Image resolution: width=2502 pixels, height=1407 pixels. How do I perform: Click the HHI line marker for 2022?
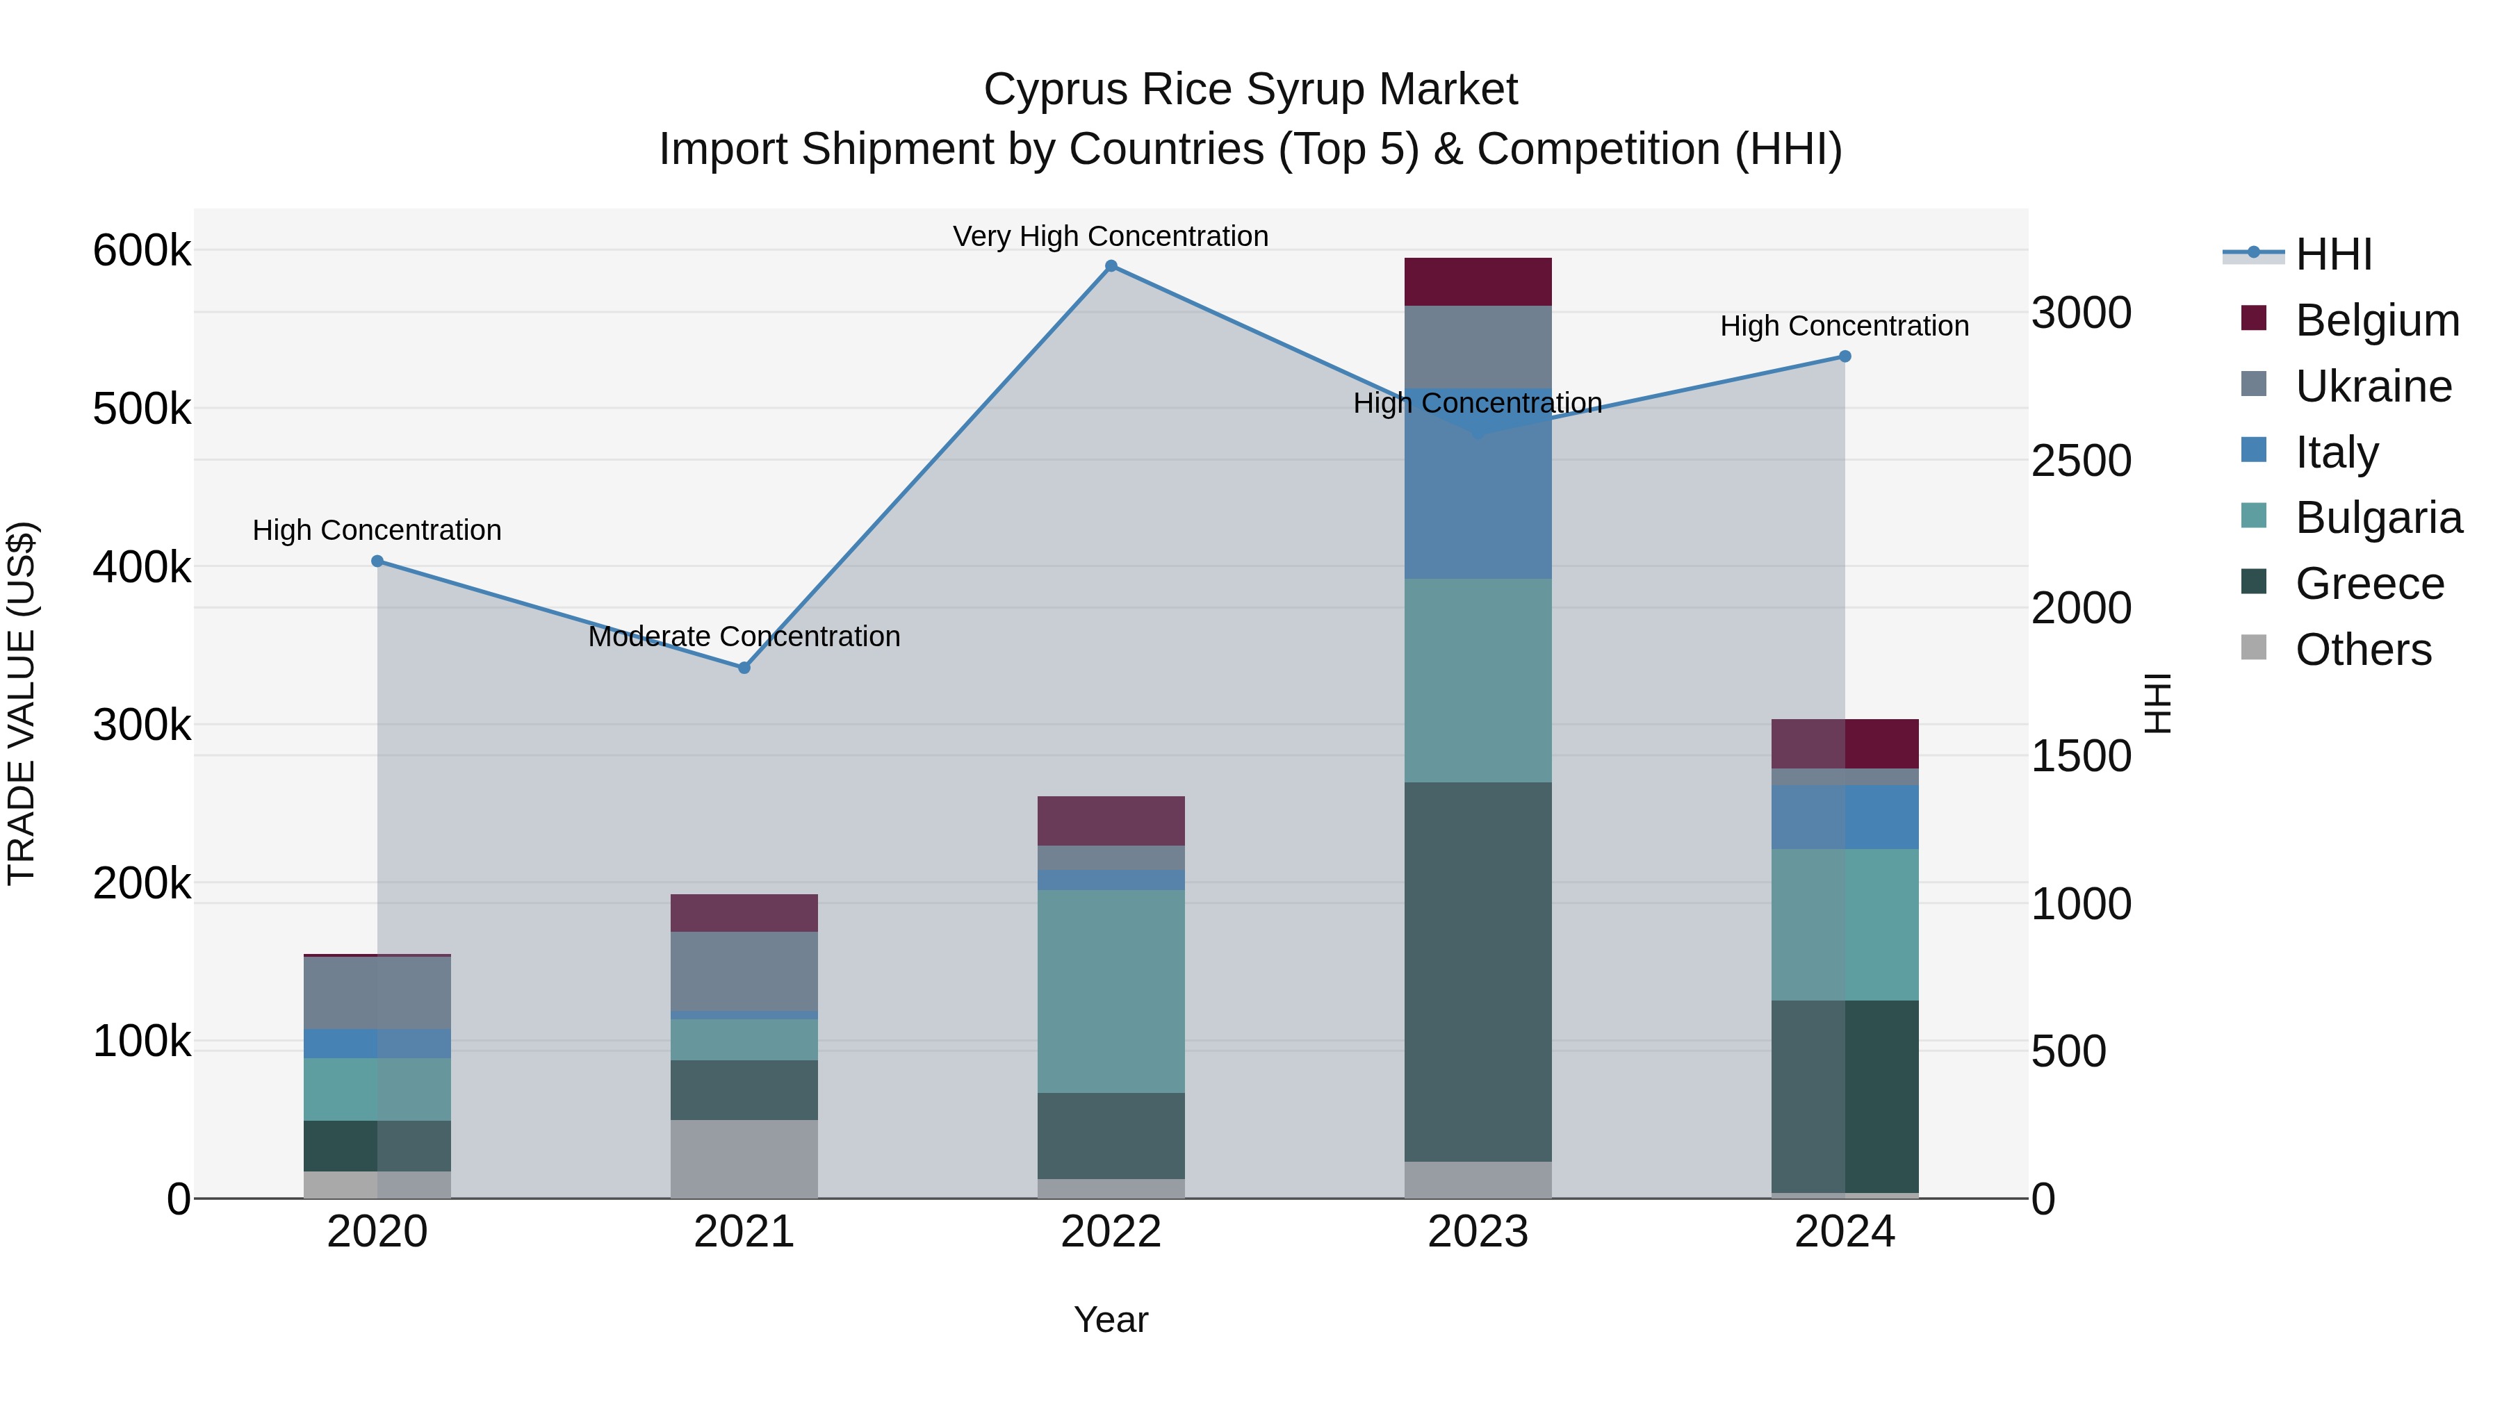pos(1111,266)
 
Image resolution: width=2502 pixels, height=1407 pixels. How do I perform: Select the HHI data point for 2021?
pos(744,668)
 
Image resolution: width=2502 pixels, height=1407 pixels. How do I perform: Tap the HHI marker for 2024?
pos(1845,356)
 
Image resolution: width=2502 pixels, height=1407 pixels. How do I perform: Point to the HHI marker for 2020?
pos(378,561)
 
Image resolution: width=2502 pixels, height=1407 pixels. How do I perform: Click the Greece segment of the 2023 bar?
pos(1478,971)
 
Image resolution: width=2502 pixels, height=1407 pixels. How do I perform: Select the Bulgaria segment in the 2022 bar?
pos(1111,990)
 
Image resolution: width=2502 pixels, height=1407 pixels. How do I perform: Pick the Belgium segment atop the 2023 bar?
pos(1478,281)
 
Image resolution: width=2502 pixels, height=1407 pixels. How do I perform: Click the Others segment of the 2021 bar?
pos(744,1158)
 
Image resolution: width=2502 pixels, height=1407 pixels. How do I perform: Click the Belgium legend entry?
pos(2376,320)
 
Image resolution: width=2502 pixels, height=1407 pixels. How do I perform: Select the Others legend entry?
pos(2362,650)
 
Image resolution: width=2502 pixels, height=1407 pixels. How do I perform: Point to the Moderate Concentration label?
pos(744,637)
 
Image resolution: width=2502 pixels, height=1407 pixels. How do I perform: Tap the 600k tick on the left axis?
pos(142,251)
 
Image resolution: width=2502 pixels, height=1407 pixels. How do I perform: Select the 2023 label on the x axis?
pos(1478,1232)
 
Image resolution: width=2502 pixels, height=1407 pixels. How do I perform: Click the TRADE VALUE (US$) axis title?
pos(22,703)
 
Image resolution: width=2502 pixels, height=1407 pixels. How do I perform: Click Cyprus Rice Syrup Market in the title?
pos(1250,90)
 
